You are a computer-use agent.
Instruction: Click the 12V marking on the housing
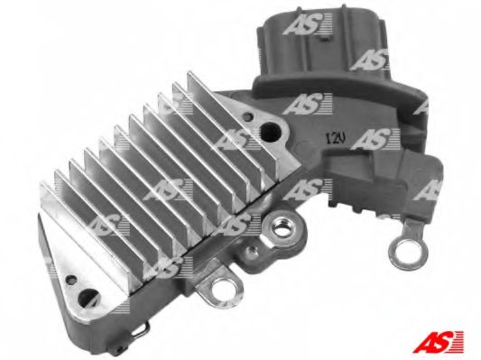(336, 140)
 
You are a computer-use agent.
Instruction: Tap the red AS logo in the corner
(439, 342)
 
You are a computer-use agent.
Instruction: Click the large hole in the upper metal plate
(270, 132)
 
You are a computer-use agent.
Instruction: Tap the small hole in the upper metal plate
(247, 116)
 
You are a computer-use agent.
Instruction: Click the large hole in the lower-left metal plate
(88, 298)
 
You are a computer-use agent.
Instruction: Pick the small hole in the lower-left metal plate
(71, 279)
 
